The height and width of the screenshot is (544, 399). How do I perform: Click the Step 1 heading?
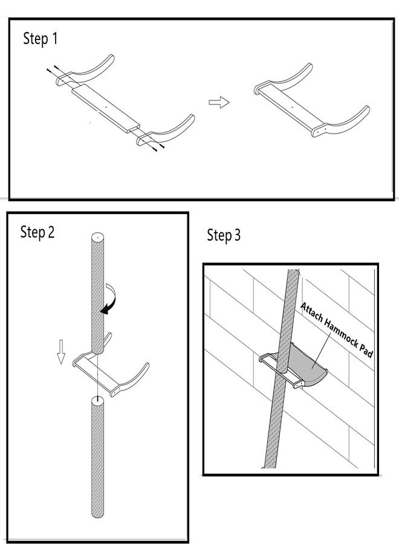click(x=41, y=39)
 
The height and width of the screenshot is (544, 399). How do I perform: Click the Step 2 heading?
click(x=37, y=232)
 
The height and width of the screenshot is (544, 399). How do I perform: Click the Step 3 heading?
click(x=224, y=235)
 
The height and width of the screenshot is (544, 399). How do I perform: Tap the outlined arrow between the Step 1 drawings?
click(x=219, y=102)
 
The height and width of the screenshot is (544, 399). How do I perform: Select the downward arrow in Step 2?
click(x=61, y=352)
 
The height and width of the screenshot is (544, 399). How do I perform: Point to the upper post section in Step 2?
click(x=98, y=293)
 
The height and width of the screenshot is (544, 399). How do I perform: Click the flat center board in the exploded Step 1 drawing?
click(x=106, y=108)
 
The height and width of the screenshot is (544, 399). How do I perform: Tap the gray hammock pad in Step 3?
click(x=307, y=367)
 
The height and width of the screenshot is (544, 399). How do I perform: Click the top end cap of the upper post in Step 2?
click(x=98, y=237)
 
